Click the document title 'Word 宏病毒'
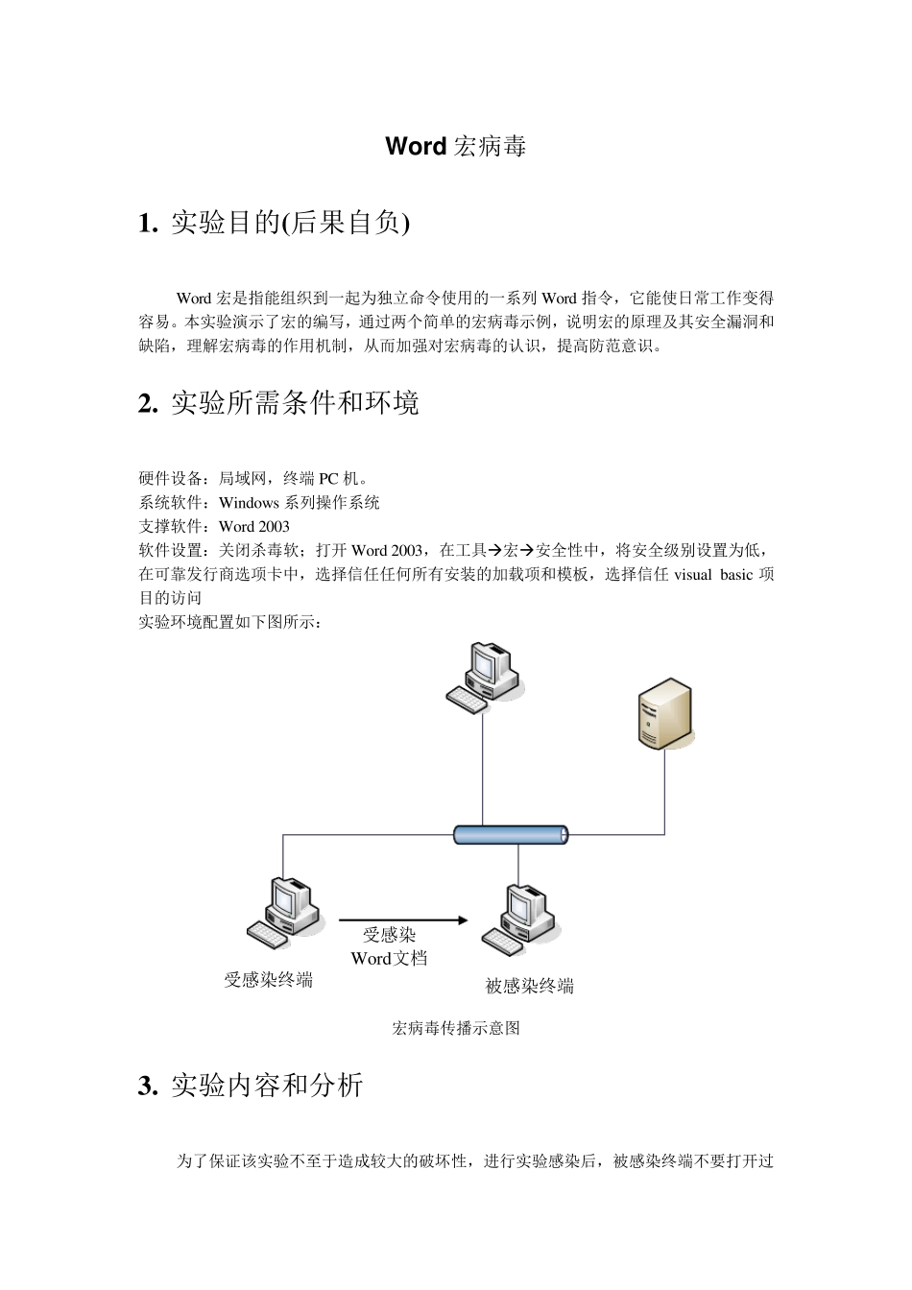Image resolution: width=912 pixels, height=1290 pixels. click(455, 147)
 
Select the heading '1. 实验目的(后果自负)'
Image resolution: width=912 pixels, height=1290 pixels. click(275, 224)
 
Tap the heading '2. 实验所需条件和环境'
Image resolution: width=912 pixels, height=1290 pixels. click(278, 403)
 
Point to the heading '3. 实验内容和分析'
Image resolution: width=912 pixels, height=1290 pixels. click(251, 1086)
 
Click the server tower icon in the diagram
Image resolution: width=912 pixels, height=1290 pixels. click(664, 712)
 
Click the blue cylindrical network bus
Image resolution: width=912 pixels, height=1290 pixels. click(511, 834)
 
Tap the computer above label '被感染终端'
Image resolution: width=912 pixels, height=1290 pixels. click(518, 918)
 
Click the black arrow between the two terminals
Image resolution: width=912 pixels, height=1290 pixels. click(403, 920)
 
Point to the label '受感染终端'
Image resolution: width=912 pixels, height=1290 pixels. click(268, 980)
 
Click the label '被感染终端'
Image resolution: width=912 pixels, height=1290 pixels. click(530, 986)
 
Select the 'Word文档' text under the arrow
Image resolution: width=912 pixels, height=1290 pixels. click(389, 958)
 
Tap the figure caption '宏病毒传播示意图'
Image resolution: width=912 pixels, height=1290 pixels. click(456, 1029)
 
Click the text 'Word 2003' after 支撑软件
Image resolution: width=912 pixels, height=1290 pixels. click(254, 526)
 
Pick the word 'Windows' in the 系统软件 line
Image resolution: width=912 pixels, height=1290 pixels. click(249, 502)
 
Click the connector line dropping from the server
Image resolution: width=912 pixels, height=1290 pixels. click(664, 792)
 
